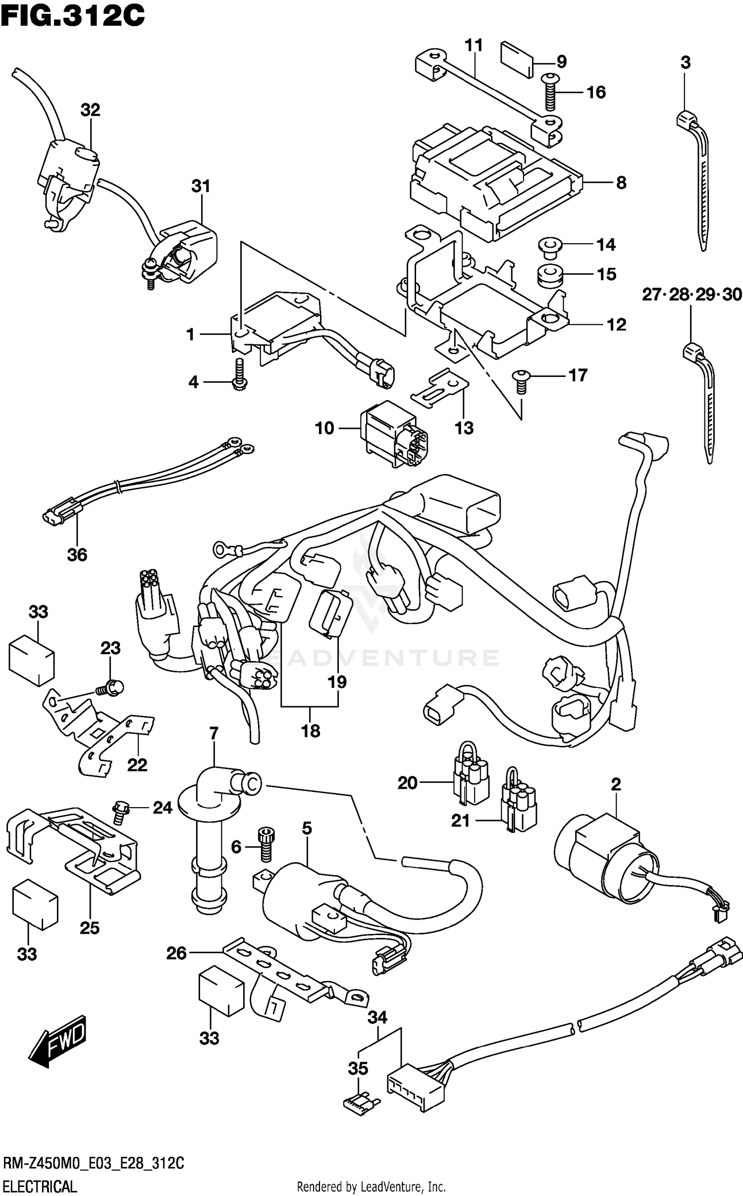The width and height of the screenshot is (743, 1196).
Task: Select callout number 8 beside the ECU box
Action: [621, 183]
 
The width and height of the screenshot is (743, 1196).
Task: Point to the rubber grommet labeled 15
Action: [549, 276]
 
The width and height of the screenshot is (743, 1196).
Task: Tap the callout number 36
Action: [77, 555]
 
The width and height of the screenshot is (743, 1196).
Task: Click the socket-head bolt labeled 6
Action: [265, 845]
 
